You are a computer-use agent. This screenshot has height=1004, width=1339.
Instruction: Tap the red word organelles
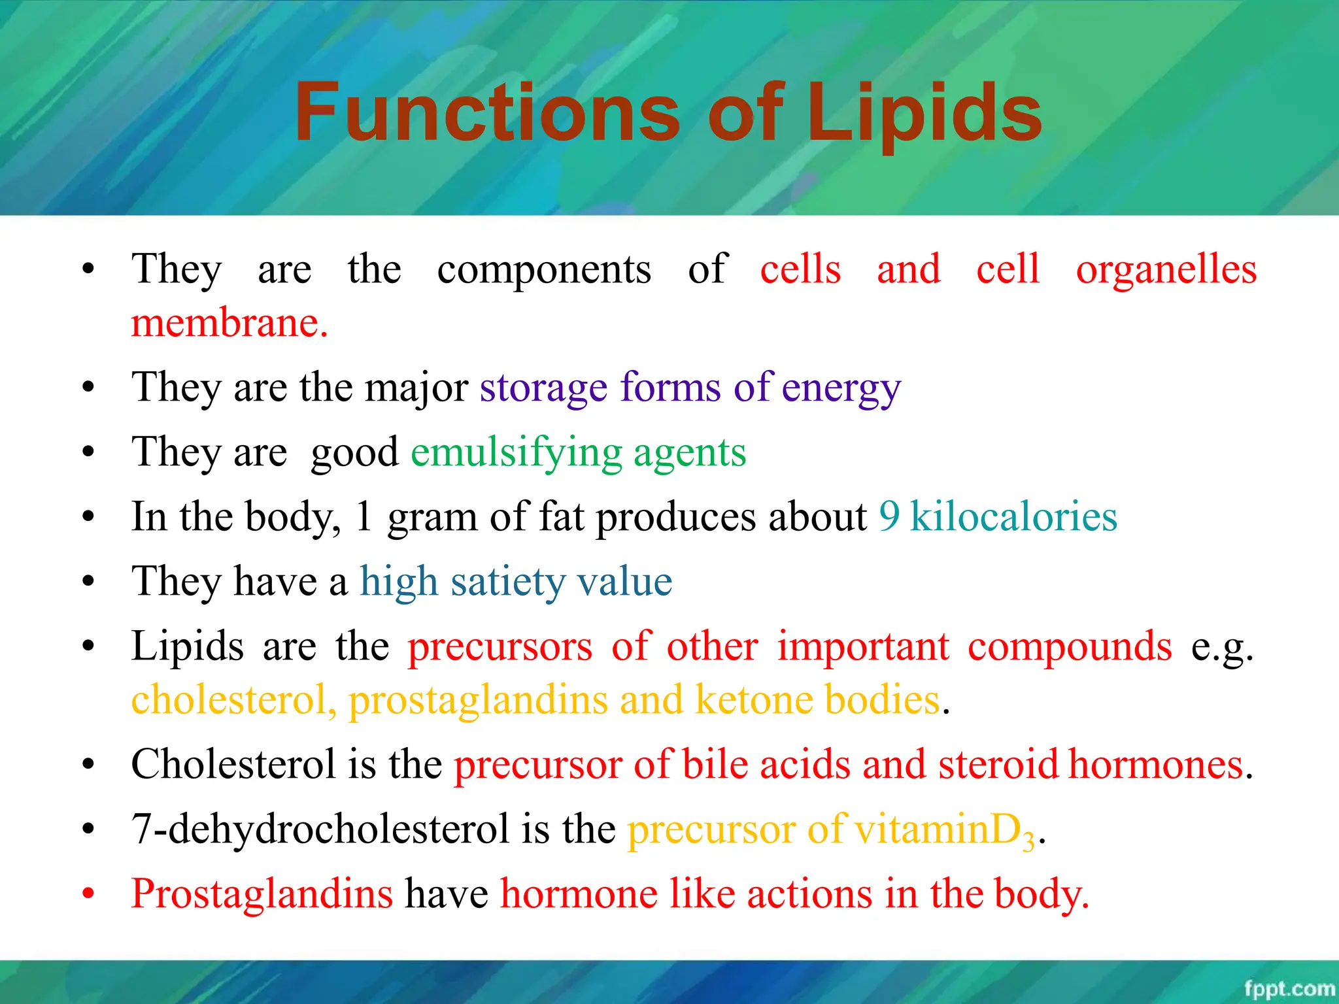[x=1166, y=269]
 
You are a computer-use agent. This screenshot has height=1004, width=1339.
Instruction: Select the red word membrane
[x=229, y=323]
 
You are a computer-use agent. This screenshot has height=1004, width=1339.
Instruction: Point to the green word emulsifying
[x=517, y=453]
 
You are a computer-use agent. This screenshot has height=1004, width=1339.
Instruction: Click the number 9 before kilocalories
[x=889, y=516]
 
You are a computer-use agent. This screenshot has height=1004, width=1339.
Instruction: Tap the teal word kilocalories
[x=1013, y=516]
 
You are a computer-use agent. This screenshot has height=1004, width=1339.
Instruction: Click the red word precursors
[x=500, y=647]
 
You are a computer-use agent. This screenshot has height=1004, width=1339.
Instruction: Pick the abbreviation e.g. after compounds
[x=1221, y=647]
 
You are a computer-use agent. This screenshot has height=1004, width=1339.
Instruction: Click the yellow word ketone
[x=754, y=699]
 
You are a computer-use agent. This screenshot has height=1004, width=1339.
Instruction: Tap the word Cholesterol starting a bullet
[x=233, y=763]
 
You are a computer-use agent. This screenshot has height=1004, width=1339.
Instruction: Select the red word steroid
[x=998, y=763]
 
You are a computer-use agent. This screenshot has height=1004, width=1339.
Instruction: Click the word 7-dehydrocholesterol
[x=320, y=829]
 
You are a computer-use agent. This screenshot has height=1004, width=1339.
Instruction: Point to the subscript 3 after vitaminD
[x=1029, y=840]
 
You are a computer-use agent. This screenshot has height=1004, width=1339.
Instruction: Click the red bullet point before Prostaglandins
[x=89, y=893]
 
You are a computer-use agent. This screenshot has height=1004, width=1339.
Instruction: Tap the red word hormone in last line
[x=579, y=894]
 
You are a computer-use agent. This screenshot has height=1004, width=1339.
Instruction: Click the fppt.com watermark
[x=1289, y=988]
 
